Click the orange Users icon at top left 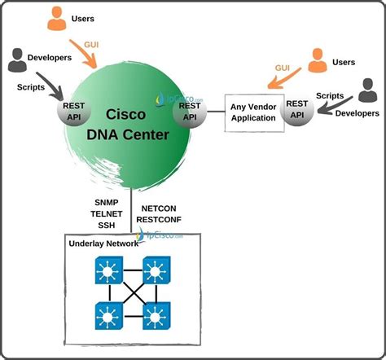coord(57,18)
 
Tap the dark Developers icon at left coord(18,61)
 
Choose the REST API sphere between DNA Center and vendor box coord(189,111)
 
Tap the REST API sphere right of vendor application coord(296,111)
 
